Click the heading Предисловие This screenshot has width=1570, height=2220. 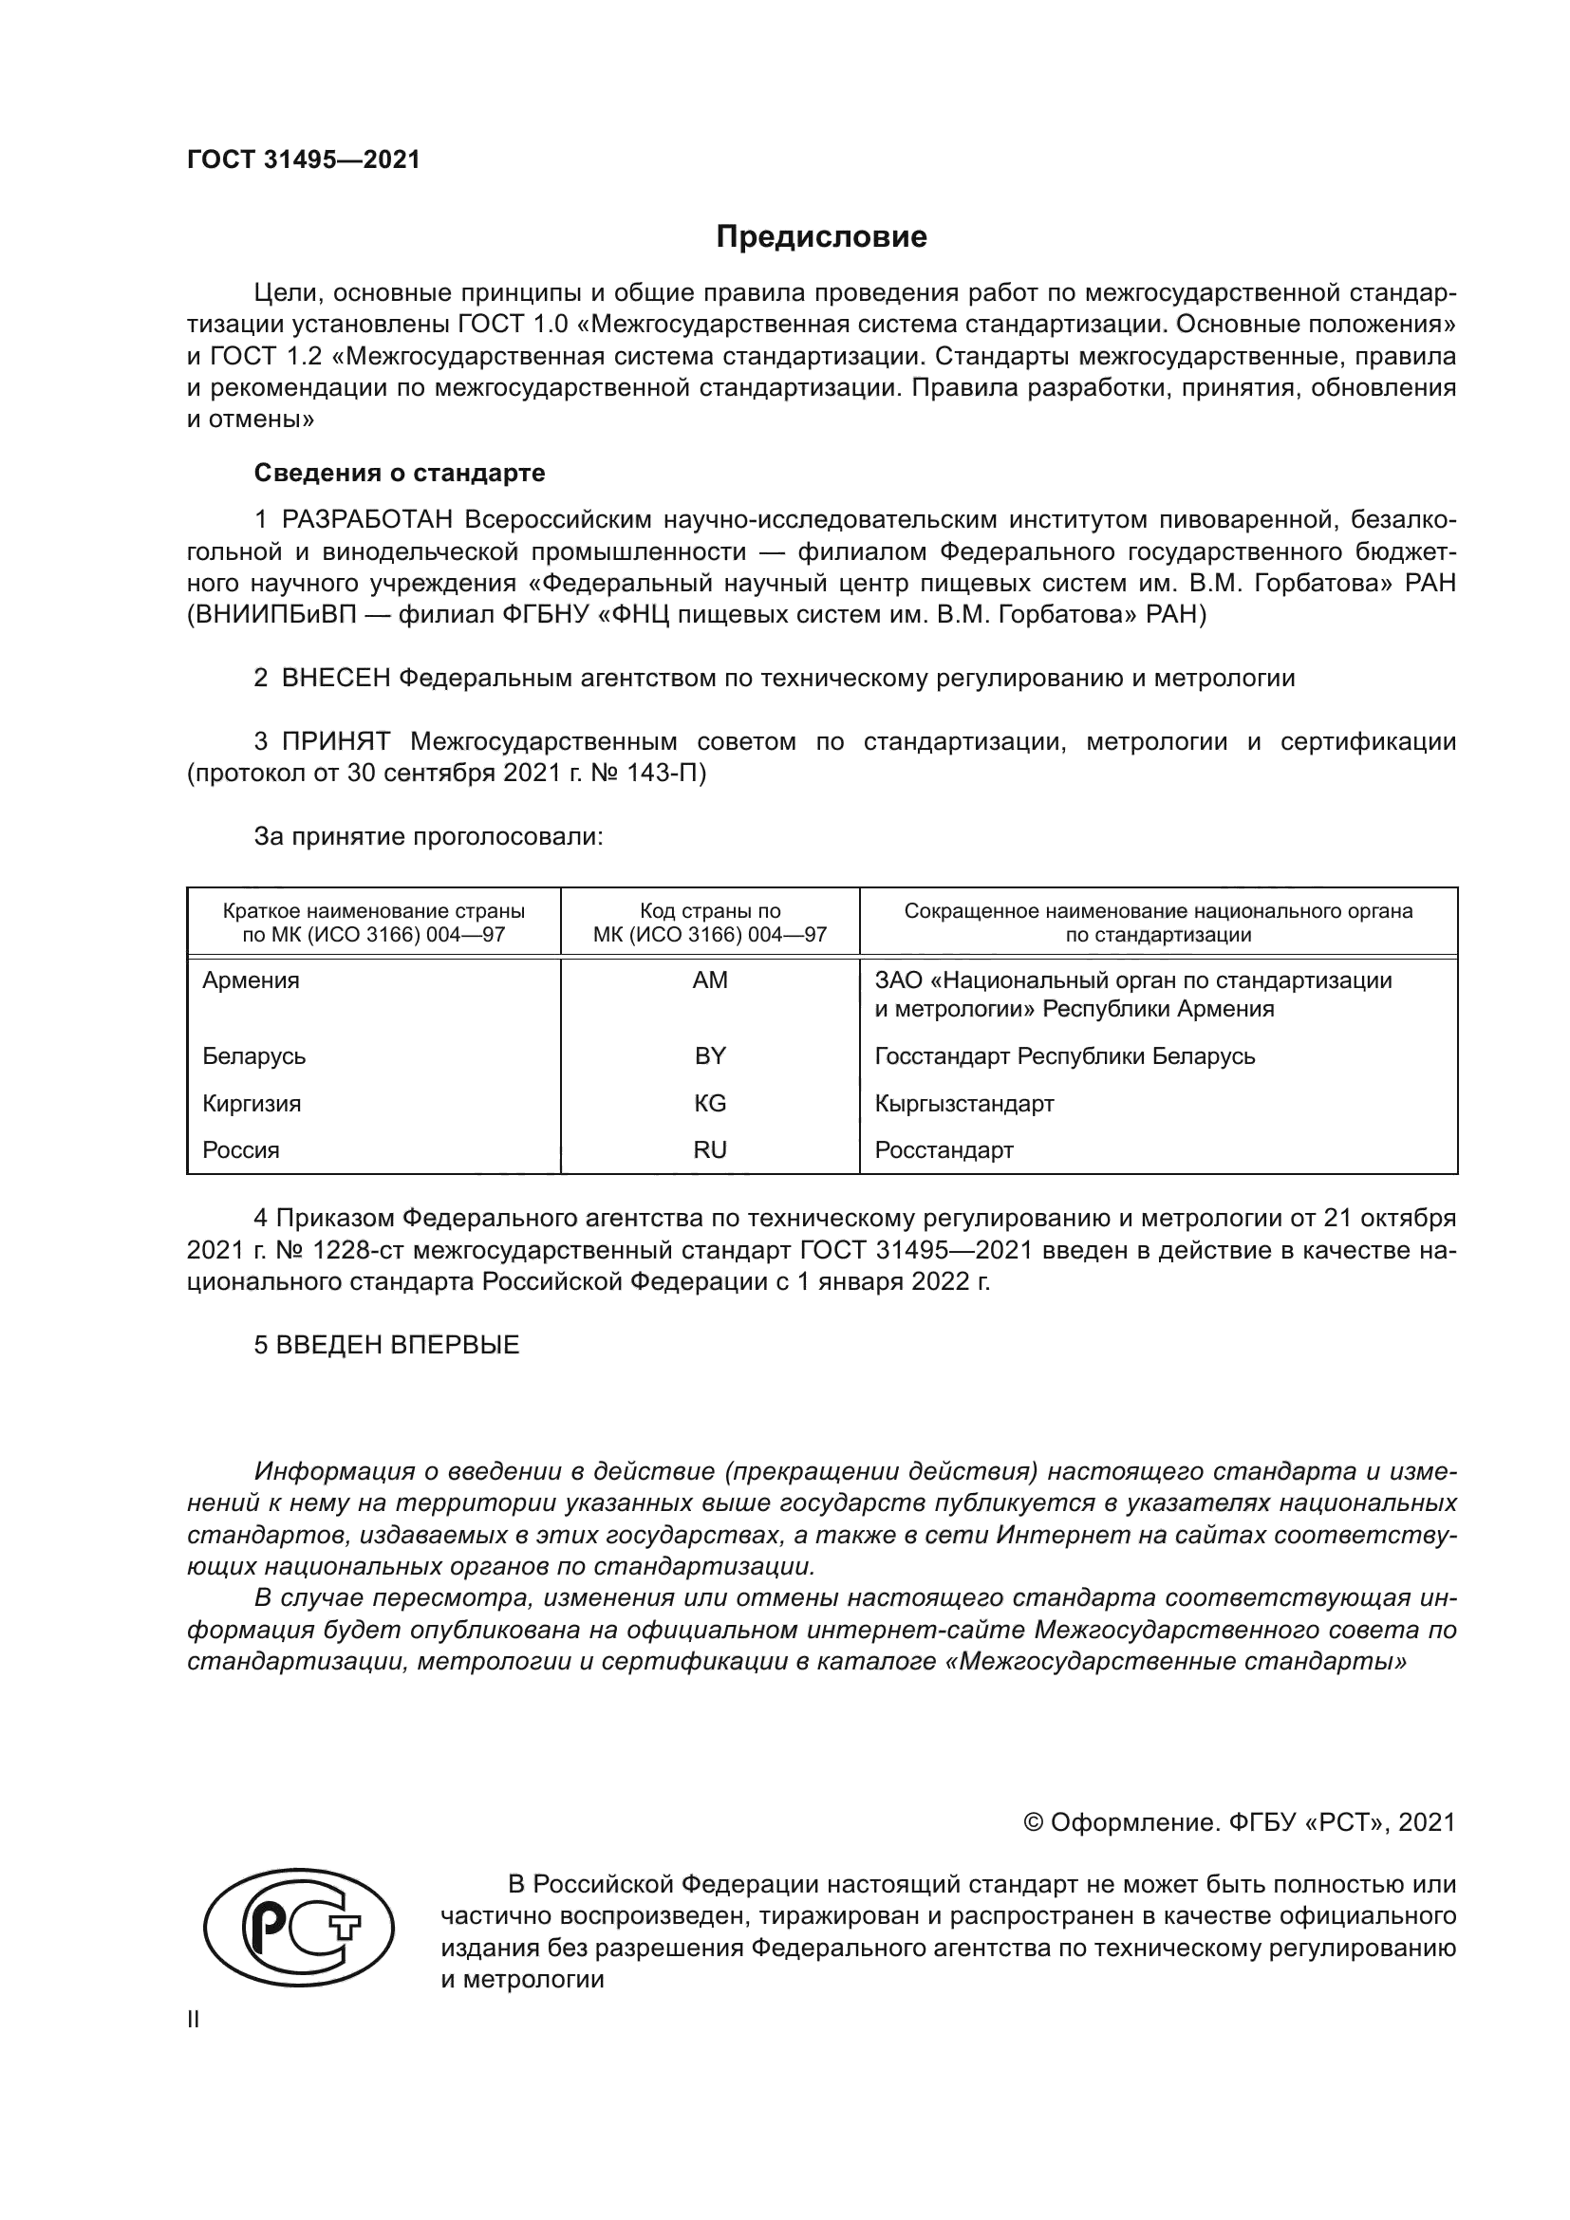click(821, 237)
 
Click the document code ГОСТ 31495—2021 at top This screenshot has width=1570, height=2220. click(304, 160)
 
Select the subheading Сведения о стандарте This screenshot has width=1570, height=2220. click(400, 473)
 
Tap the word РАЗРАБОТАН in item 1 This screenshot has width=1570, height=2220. click(366, 520)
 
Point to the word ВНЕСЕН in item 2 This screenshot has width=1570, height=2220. click(335, 678)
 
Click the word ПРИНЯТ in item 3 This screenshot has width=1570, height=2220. click(335, 741)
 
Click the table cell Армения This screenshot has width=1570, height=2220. click(252, 980)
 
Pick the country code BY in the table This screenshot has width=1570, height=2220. click(710, 1055)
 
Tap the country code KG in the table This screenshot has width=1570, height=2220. click(710, 1103)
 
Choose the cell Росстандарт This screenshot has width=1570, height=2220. click(944, 1150)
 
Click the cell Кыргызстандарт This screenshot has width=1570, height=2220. click(963, 1103)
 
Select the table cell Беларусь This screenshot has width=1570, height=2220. click(254, 1055)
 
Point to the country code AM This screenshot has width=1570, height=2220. click(710, 980)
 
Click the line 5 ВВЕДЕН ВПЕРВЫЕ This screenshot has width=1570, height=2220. click(386, 1345)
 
